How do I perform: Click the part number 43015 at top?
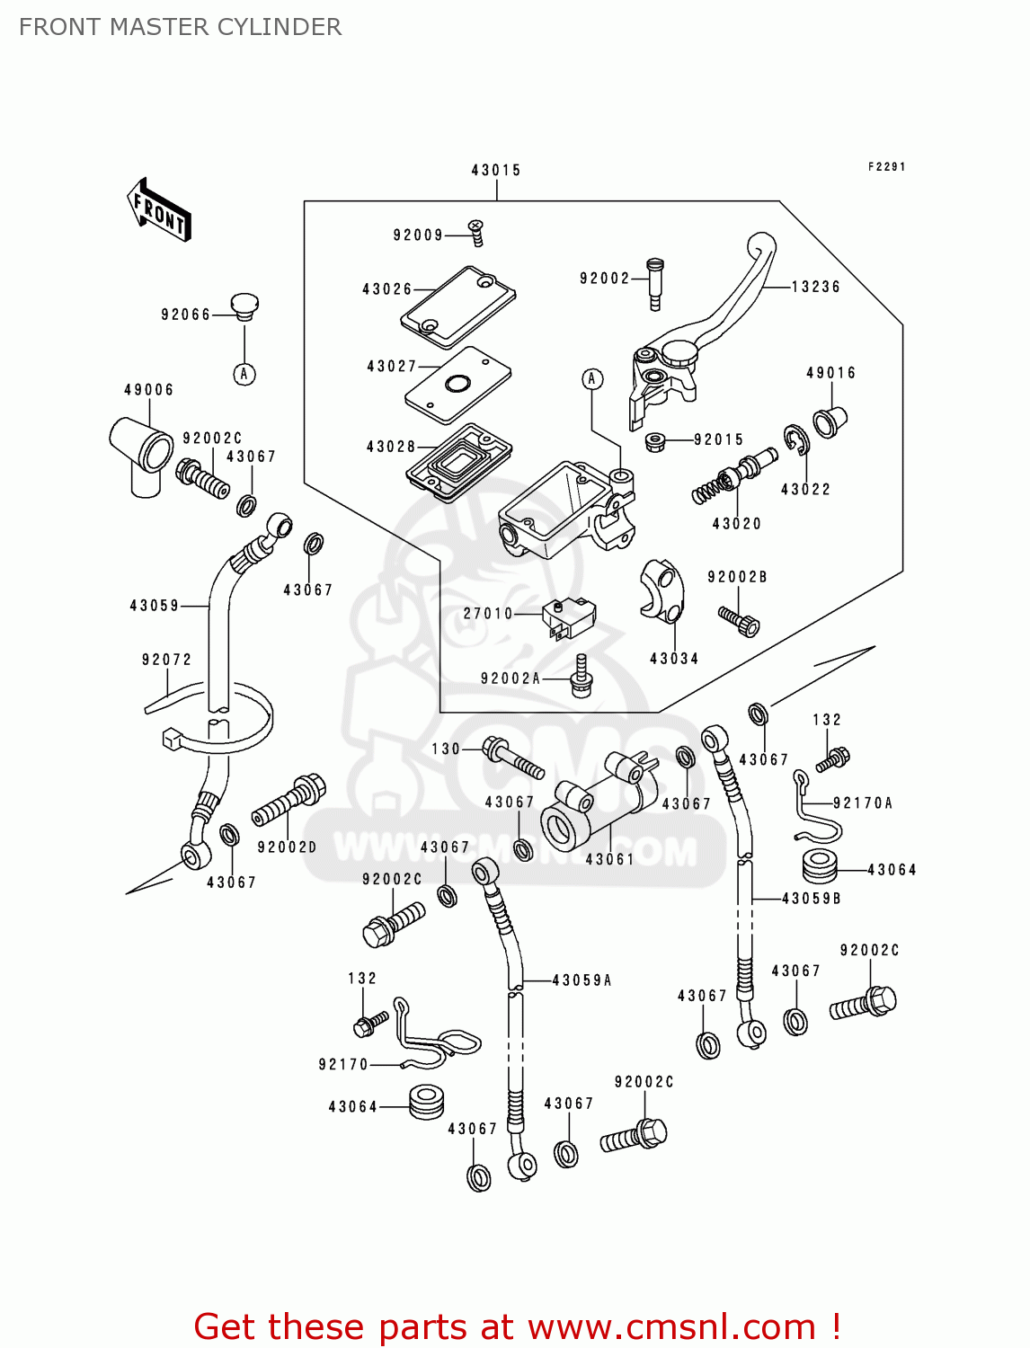pyautogui.click(x=496, y=170)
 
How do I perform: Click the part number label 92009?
pyautogui.click(x=418, y=235)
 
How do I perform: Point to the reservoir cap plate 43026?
pyautogui.click(x=458, y=306)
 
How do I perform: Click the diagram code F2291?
pyautogui.click(x=886, y=167)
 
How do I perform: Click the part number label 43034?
pyautogui.click(x=674, y=659)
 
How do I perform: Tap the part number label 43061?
pyautogui.click(x=610, y=859)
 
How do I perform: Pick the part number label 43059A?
pyautogui.click(x=582, y=980)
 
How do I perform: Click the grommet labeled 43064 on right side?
pyautogui.click(x=820, y=865)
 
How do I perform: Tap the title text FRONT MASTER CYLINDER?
pyautogui.click(x=181, y=27)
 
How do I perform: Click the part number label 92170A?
pyautogui.click(x=863, y=803)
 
